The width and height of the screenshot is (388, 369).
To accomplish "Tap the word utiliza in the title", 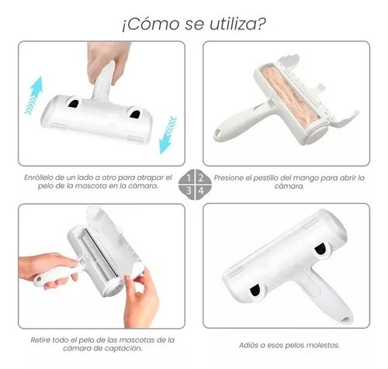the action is (x=232, y=24).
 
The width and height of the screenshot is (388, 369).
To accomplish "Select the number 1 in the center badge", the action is (x=189, y=178).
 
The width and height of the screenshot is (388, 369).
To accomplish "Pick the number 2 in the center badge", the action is (x=201, y=178).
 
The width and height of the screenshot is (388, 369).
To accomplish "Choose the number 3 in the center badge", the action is (x=189, y=191).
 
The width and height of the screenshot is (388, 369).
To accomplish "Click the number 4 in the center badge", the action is (x=201, y=191).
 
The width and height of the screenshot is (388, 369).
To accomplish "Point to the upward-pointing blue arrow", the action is (x=34, y=95).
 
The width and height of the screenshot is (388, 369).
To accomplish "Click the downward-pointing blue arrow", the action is (x=168, y=134).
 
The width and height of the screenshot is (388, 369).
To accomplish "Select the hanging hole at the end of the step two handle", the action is (x=219, y=133).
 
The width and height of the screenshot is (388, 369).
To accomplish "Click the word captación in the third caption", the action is (x=124, y=348).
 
